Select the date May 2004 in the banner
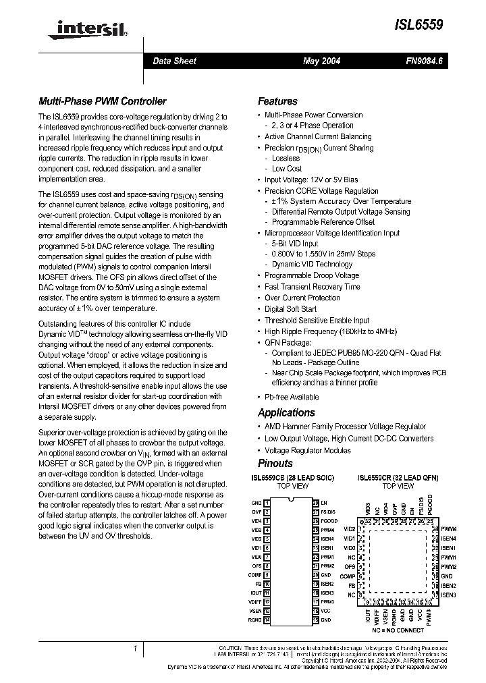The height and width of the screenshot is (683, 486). (x=321, y=61)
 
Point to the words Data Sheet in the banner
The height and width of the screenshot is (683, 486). (x=174, y=61)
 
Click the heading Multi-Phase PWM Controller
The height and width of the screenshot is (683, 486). (x=102, y=101)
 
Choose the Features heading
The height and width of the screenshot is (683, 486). (x=277, y=101)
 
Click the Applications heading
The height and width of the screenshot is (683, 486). (x=286, y=412)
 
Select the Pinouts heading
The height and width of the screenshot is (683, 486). (x=275, y=463)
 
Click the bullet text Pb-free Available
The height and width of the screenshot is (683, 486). (x=291, y=398)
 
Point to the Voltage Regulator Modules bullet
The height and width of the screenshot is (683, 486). (x=307, y=450)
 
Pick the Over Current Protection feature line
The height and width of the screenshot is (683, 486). (x=302, y=298)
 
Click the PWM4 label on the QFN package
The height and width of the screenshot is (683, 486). (x=449, y=529)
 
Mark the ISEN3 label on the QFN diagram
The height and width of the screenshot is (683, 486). (x=449, y=595)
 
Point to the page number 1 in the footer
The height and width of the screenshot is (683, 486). (x=136, y=648)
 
